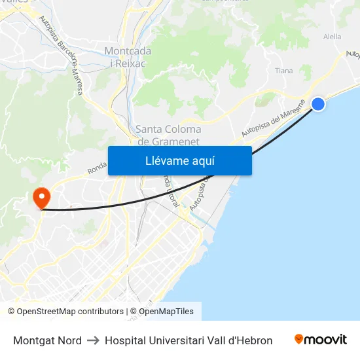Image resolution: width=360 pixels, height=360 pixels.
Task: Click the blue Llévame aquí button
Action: click(x=179, y=160)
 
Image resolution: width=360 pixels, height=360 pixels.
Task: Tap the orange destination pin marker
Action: click(x=41, y=198)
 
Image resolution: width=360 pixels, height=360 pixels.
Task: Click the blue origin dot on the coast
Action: click(x=318, y=104)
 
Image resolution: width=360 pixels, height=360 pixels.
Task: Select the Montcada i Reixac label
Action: click(x=128, y=57)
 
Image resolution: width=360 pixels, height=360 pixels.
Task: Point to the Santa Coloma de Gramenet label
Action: click(x=168, y=135)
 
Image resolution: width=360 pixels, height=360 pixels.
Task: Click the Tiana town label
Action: click(x=284, y=71)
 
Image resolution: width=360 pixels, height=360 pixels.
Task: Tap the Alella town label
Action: click(x=332, y=37)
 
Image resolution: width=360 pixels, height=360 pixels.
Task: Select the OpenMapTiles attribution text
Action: click(x=166, y=312)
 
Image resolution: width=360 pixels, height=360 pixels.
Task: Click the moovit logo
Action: click(x=321, y=340)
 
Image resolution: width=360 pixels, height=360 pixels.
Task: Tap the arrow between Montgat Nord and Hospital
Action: click(x=93, y=340)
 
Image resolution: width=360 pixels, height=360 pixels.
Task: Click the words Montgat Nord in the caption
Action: click(x=47, y=340)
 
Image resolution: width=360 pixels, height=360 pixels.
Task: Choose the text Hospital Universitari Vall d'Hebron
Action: click(x=189, y=340)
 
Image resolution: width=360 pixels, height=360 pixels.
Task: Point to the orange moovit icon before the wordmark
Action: click(x=299, y=339)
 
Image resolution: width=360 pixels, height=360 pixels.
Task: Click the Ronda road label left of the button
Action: click(x=97, y=170)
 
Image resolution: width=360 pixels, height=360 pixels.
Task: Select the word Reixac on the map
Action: click(x=133, y=63)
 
